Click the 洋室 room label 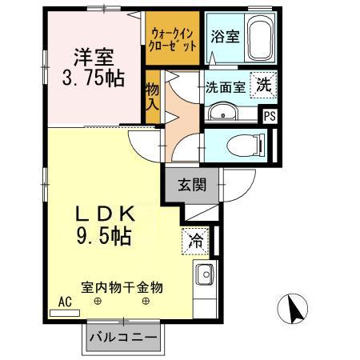tap(94, 57)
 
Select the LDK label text tap(105, 214)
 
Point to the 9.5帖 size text tap(104, 237)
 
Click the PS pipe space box tap(271, 115)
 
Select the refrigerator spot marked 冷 tap(195, 238)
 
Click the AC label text tap(64, 302)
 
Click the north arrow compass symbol tap(294, 310)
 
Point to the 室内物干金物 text tap(122, 286)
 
